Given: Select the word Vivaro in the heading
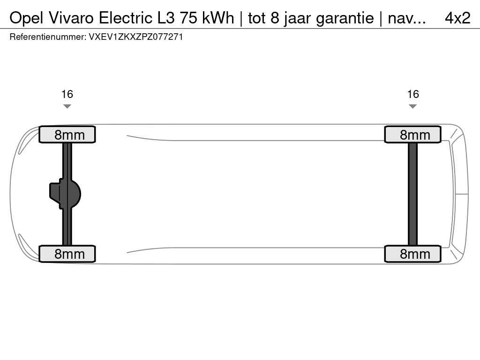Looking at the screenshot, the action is tap(70, 18).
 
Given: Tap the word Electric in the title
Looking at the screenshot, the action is tap(125, 18).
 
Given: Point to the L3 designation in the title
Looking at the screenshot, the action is tap(166, 18).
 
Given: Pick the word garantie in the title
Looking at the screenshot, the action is tap(345, 19).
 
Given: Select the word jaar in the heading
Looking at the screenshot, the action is tap(297, 19).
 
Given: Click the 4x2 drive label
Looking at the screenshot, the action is tap(457, 18).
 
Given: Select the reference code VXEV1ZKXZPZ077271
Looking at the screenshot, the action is tap(136, 37).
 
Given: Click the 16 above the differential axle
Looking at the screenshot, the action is tap(67, 94).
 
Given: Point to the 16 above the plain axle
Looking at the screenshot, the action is tap(412, 94).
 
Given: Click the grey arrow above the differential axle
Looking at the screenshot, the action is tap(67, 106).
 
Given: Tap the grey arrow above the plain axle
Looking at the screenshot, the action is tap(412, 106).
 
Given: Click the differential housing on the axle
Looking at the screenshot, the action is tap(65, 194).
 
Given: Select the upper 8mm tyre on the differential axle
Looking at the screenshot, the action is tap(67, 135).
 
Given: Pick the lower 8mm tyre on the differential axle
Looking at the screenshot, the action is tap(67, 254).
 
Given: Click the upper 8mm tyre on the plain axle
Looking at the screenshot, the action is tap(412, 135).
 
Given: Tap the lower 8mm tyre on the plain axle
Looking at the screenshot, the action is tap(412, 254).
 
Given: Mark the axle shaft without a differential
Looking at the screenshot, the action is tap(412, 194).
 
